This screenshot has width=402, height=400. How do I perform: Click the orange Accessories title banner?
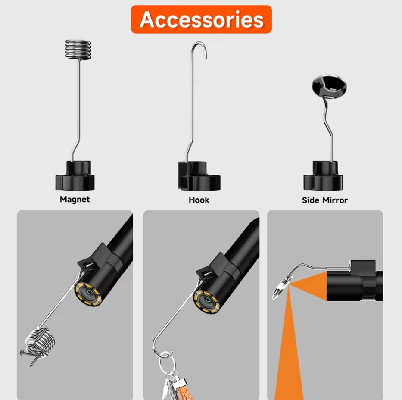click(201, 19)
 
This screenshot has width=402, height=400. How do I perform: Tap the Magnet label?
click(75, 200)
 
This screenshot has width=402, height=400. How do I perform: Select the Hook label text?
click(199, 200)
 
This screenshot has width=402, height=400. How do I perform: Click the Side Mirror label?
click(325, 200)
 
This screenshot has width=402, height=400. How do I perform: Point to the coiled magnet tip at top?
click(78, 50)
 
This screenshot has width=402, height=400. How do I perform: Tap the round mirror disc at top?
click(329, 87)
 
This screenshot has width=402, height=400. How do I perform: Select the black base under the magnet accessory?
click(75, 175)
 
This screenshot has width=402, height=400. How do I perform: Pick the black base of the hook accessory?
click(199, 176)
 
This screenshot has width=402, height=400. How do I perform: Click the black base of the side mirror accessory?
click(323, 175)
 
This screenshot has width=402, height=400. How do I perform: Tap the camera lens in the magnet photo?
click(89, 293)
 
